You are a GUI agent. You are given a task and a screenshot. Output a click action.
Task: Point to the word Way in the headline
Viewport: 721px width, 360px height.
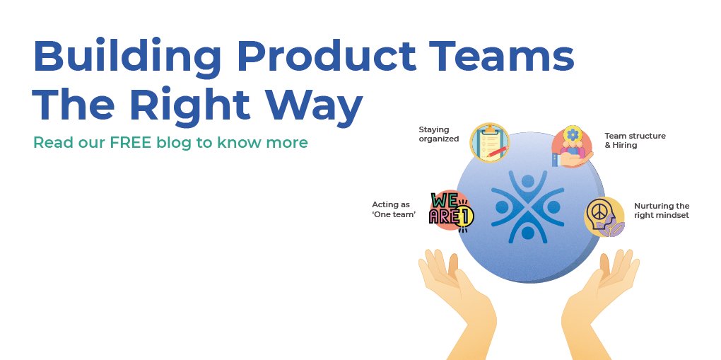tap(317, 106)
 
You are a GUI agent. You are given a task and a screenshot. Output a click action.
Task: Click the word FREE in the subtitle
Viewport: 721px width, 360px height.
tap(132, 142)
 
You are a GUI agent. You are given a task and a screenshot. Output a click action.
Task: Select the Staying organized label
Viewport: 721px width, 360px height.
tap(438, 134)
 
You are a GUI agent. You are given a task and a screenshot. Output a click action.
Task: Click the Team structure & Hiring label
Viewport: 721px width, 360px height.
tap(635, 140)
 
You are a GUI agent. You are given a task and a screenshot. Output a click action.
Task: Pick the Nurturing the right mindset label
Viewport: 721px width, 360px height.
tap(661, 211)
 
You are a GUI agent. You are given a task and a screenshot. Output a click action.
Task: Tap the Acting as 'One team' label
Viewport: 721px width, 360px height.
tap(394, 209)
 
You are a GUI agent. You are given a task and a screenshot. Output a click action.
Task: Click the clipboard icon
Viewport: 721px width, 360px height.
tap(490, 141)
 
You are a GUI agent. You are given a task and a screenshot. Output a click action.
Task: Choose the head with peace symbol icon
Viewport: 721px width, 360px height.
tap(604, 216)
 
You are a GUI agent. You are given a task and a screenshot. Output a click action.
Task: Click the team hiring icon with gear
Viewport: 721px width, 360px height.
tap(571, 146)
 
